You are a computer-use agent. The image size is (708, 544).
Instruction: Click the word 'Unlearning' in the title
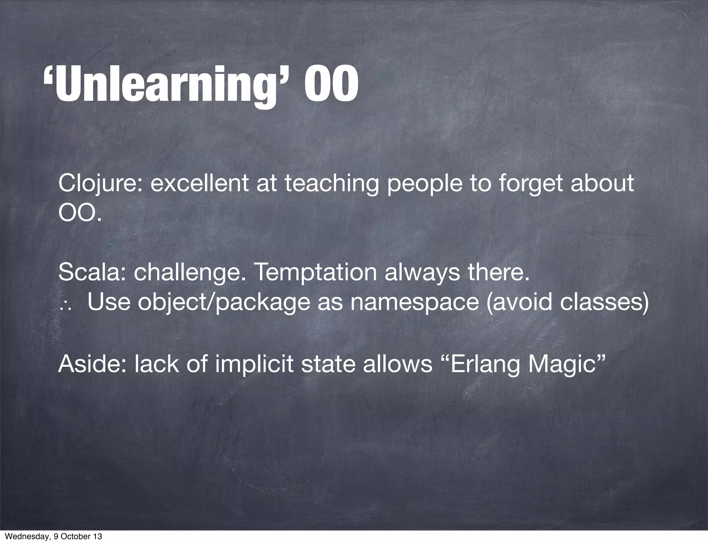tap(166, 85)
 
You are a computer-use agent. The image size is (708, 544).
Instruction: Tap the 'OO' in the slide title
tap(331, 85)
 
